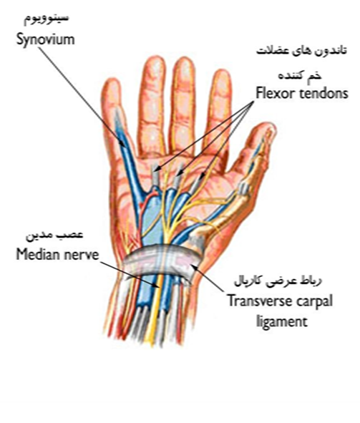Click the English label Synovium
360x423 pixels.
coord(45,40)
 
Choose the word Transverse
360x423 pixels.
coord(259,301)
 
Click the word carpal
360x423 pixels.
coord(313,301)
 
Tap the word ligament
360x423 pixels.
coord(281,322)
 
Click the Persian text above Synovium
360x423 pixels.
coord(47,19)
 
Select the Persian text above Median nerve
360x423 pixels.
coord(54,235)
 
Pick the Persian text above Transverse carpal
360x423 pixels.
coord(278,281)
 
